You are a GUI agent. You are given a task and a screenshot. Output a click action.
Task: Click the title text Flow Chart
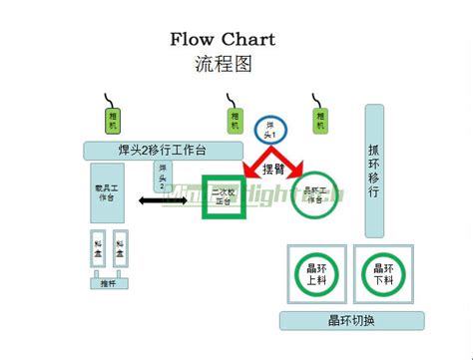click(x=222, y=40)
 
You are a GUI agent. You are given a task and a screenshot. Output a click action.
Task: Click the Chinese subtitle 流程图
click(x=222, y=65)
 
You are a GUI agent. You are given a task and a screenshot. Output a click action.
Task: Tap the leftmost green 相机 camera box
click(x=111, y=120)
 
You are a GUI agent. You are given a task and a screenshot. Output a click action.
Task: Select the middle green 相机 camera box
click(x=234, y=120)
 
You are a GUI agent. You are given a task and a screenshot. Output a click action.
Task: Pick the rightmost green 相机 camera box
click(x=319, y=120)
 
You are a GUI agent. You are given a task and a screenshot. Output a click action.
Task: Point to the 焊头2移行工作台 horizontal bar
click(x=161, y=151)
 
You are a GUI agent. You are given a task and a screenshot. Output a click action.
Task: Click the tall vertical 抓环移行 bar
click(x=373, y=171)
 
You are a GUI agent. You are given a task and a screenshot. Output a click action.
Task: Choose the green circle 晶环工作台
click(x=315, y=194)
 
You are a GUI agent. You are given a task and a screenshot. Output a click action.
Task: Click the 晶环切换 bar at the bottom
click(x=350, y=320)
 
